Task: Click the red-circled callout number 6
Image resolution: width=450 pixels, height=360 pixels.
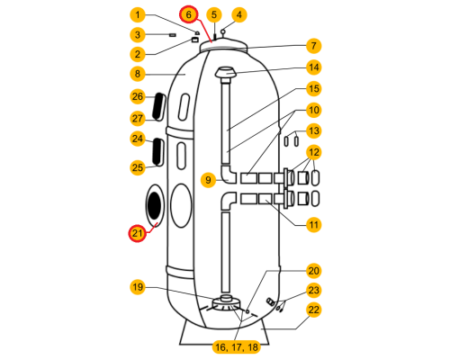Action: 189,14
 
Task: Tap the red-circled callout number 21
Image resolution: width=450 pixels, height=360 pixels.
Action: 138,233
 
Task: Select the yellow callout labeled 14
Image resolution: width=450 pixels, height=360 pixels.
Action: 314,67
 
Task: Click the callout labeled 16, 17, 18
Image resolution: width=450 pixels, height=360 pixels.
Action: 237,347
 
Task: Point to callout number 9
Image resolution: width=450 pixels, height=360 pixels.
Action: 208,180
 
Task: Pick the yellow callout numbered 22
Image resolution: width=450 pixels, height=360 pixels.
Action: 314,310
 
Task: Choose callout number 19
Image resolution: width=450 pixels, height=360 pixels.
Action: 138,287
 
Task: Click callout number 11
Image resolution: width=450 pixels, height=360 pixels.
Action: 314,225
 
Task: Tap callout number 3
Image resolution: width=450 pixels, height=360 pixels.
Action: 138,35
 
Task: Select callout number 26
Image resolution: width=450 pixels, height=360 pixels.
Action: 138,96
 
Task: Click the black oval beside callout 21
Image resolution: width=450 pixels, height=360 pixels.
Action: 154,206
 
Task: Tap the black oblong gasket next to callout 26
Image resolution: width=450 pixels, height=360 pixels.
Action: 158,106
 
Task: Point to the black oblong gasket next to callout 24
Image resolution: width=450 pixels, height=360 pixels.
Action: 157,152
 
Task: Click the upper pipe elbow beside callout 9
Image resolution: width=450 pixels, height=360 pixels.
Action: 229,175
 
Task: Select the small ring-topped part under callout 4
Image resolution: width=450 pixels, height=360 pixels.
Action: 223,32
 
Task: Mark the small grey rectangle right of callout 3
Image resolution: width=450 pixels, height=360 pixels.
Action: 173,35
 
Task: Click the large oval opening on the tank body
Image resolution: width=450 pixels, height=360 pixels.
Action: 181,206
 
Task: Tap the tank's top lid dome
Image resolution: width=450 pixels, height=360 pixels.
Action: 224,44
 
